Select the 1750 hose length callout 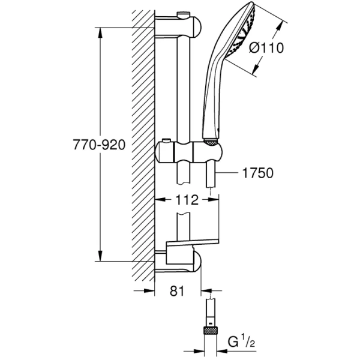click(256, 173)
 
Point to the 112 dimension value click(187, 201)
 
